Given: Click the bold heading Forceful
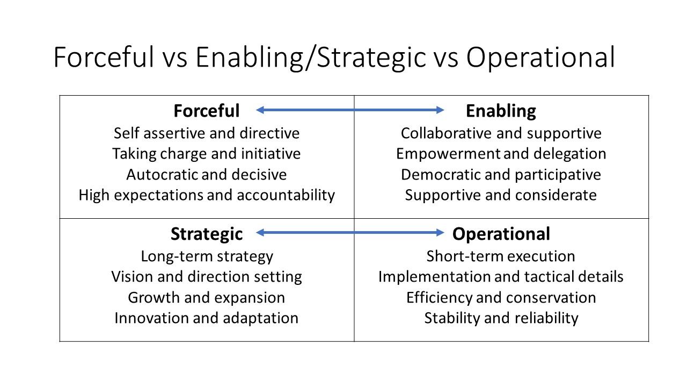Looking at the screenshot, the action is [207, 111].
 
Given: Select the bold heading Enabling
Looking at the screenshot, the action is [501, 111].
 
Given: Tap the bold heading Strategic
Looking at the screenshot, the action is [207, 234].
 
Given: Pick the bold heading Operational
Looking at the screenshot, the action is [501, 234].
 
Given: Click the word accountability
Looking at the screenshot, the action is [286, 195].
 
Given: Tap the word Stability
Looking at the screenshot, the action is [452, 318].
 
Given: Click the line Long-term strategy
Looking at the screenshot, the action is [207, 257].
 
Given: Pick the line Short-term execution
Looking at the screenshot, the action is [501, 256].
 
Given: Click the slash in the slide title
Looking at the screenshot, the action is [310, 59].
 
